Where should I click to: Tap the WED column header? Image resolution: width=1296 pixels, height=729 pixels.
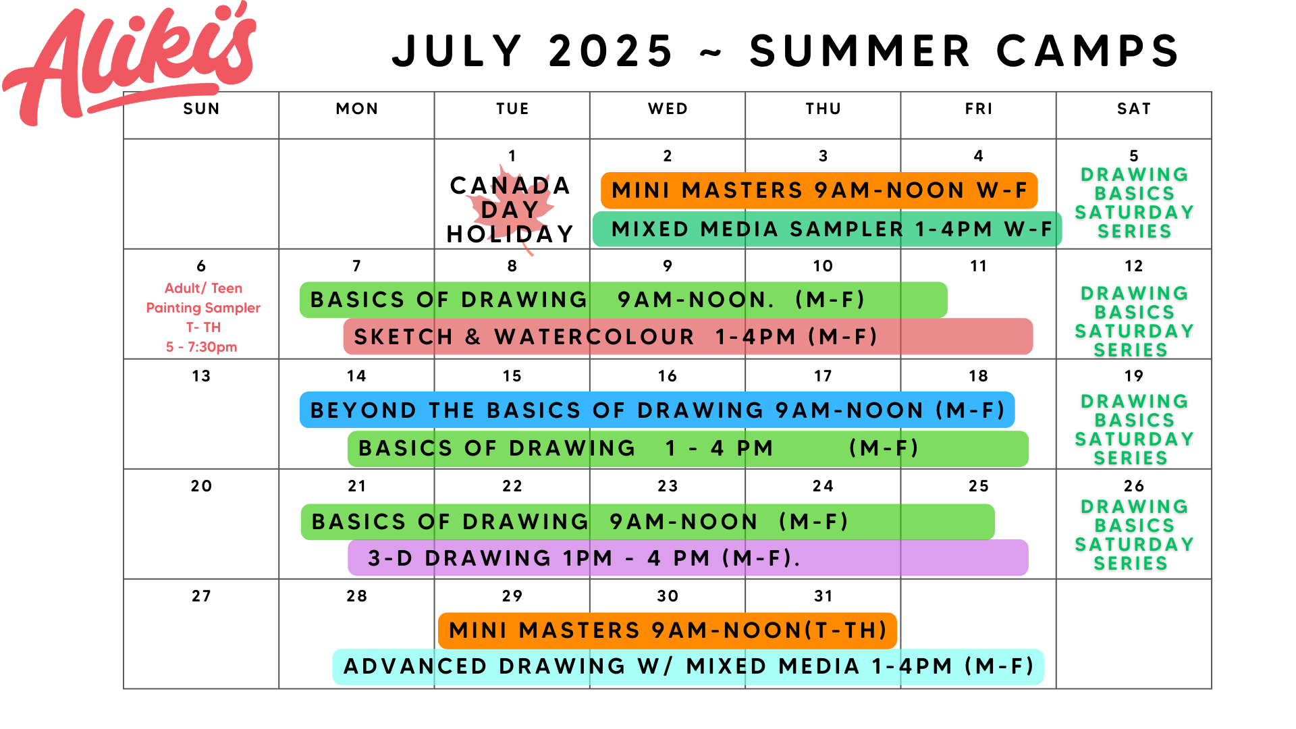[x=668, y=109]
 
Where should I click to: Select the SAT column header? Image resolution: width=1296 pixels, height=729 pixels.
[x=1134, y=109]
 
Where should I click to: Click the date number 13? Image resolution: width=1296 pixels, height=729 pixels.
[x=201, y=376]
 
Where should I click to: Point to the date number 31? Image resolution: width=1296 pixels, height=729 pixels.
[x=823, y=596]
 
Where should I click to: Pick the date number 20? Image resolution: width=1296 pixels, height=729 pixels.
[x=201, y=486]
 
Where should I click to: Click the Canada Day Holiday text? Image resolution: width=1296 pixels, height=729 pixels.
[x=510, y=209]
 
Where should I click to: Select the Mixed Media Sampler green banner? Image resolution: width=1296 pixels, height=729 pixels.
[x=828, y=229]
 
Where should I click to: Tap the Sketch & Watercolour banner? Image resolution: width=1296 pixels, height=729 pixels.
[x=688, y=336]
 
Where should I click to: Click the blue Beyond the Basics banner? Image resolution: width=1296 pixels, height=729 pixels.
[x=657, y=410]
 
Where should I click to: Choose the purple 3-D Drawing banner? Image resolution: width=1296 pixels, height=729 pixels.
[x=688, y=558]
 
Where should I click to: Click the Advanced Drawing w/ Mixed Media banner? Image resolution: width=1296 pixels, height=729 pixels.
[x=688, y=667]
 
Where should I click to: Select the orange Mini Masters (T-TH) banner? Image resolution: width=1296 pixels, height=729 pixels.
[x=667, y=630]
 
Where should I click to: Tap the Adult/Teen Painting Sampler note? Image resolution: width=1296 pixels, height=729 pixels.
[x=203, y=317]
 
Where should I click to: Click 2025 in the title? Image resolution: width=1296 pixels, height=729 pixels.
[x=611, y=51]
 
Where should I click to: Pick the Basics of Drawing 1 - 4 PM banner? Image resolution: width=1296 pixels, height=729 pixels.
[x=688, y=449]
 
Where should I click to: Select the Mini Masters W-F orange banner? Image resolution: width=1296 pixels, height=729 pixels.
[x=819, y=190]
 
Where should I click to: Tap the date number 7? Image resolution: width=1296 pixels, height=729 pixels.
[x=356, y=266]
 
